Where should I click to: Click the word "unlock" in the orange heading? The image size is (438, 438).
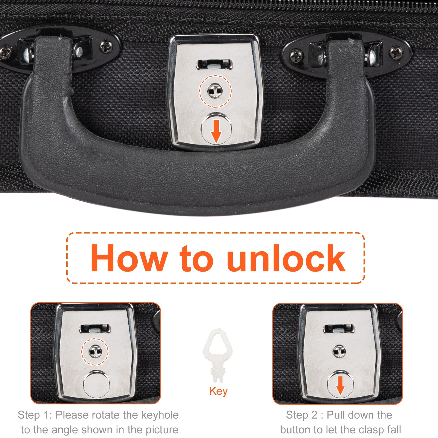coord(286,258)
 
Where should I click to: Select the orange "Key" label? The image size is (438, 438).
coord(218,391)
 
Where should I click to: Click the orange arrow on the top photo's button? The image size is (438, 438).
coord(216,131)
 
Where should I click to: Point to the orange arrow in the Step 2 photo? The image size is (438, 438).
coord(340,386)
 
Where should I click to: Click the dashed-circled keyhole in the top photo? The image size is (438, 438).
coord(215,91)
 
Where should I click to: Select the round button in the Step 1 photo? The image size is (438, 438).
coord(96,384)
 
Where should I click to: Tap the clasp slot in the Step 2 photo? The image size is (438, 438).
coord(339,328)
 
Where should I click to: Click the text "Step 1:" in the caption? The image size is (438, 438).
coord(35,415)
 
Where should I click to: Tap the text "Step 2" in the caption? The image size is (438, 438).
coord(301,415)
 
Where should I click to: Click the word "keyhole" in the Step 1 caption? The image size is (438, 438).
coord(160,415)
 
